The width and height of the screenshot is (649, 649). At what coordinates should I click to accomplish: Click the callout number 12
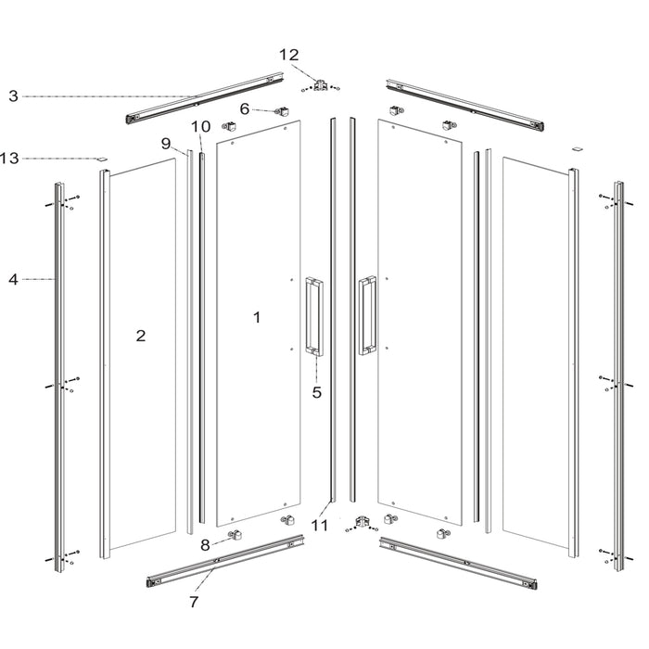coord(289,55)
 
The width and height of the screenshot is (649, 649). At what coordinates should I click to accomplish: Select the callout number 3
coord(14,96)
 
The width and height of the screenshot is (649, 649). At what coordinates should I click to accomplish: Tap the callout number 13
coord(9,159)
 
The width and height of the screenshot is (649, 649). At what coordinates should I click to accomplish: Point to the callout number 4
coord(13,280)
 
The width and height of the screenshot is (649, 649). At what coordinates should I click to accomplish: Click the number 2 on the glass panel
coord(141,336)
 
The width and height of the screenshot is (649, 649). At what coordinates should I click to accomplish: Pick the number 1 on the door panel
coord(257,317)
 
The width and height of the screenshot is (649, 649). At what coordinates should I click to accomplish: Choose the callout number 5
coord(317,392)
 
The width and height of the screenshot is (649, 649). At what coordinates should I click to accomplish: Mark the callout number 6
coord(245,108)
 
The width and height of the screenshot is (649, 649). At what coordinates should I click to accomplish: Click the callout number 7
coord(194,602)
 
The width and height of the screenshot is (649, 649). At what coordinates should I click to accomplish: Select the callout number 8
coord(205,545)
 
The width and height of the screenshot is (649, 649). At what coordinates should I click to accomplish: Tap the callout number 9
coord(166,144)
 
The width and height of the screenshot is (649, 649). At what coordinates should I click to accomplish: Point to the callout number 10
coord(201,127)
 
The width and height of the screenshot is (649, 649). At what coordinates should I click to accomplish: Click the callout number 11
coord(319,526)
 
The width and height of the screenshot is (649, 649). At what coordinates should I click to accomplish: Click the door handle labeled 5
coord(314,316)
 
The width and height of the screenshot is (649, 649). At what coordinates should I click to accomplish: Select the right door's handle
coord(367,315)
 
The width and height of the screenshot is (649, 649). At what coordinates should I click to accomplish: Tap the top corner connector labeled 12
coord(321,85)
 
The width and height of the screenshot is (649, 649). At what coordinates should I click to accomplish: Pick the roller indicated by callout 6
coord(282,111)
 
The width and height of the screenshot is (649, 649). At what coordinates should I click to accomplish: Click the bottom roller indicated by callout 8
coord(235,536)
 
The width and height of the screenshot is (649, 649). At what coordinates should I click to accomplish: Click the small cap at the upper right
coord(578,148)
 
